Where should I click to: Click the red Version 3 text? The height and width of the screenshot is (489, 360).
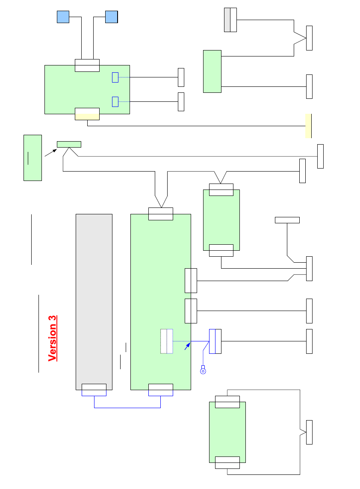tap(53, 338)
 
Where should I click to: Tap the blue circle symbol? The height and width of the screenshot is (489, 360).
tap(203, 371)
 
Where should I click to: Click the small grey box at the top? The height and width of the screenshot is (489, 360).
tap(230, 20)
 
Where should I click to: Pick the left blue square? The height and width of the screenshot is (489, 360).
tap(63, 17)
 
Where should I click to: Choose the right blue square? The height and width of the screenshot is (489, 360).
tap(112, 17)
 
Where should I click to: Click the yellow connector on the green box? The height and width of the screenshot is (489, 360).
tap(87, 114)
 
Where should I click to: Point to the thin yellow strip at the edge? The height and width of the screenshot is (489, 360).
tap(308, 126)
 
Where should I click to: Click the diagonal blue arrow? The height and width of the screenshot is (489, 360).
tap(187, 346)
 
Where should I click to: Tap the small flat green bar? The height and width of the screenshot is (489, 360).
tap(69, 144)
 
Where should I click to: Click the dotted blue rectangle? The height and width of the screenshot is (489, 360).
tap(167, 341)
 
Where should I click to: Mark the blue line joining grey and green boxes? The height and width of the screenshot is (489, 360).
tap(127, 408)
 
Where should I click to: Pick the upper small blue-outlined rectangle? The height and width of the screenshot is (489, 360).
tap(115, 77)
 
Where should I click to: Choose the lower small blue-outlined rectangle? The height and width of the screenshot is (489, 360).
tap(115, 102)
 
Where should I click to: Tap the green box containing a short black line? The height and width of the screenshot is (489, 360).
tap(32, 157)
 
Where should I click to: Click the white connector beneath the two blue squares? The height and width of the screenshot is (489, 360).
tap(87, 65)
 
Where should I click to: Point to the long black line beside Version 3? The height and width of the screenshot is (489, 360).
tap(38, 333)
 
